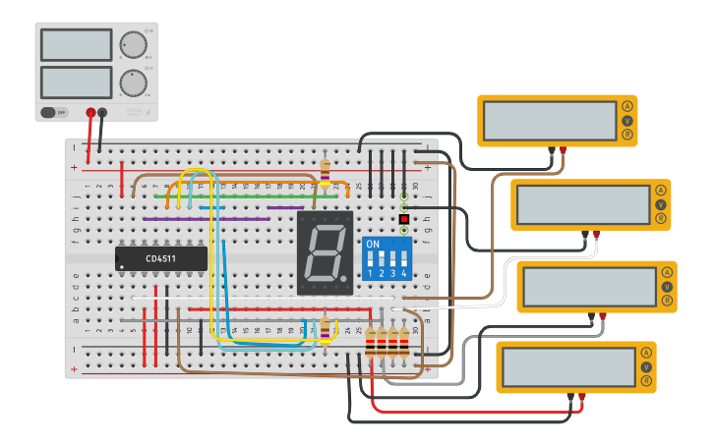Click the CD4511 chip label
[x=161, y=258]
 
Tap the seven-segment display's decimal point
[x=344, y=279]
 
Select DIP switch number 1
[x=371, y=258]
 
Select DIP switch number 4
[x=403, y=258]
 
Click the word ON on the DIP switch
[x=372, y=244]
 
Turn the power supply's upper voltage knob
[x=132, y=44]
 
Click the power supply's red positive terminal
[x=90, y=113]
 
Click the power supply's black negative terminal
[x=102, y=113]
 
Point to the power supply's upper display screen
[x=77, y=44]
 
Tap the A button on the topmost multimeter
[x=626, y=106]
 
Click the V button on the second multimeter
[x=661, y=204]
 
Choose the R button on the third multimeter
[x=668, y=300]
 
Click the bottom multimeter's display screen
[x=567, y=366]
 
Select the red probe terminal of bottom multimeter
[x=582, y=396]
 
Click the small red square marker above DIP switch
[x=403, y=218]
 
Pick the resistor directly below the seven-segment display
[x=326, y=328]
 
